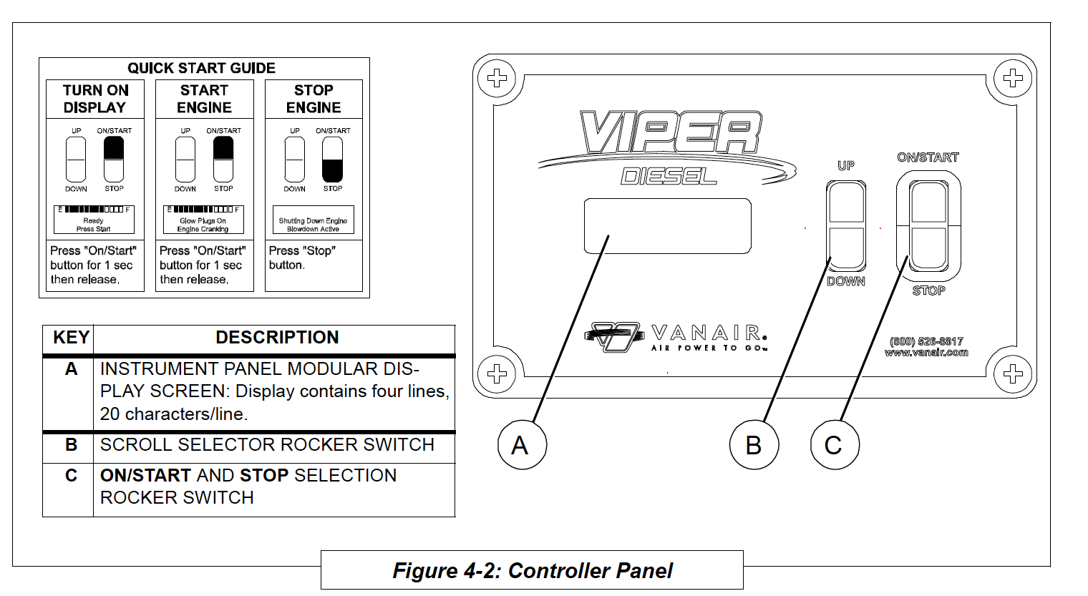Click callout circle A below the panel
click(x=522, y=445)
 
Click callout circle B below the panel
click(x=754, y=445)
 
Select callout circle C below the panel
click(x=834, y=445)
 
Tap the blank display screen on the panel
click(x=667, y=226)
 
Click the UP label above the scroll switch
click(x=846, y=166)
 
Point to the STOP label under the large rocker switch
click(x=928, y=290)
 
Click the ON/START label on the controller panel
click(x=928, y=157)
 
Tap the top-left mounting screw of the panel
click(x=497, y=78)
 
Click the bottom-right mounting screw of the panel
click(x=1012, y=373)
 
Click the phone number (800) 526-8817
click(x=926, y=341)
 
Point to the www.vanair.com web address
click(x=926, y=352)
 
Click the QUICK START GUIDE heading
click(x=201, y=68)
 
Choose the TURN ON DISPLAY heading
click(x=95, y=99)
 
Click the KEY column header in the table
click(x=71, y=338)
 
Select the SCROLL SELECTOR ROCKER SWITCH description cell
click(x=267, y=445)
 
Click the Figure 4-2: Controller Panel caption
click(x=533, y=571)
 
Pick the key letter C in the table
click(x=71, y=476)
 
